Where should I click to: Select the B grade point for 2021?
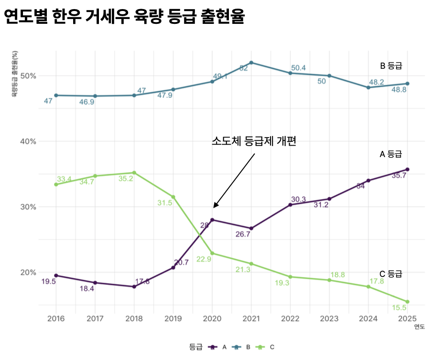pyautogui.click(x=251, y=63)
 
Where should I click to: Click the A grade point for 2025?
pyautogui.click(x=408, y=169)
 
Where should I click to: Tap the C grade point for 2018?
pyautogui.click(x=134, y=172)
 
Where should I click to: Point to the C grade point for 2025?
pyautogui.click(x=408, y=302)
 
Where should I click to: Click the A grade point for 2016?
pyautogui.click(x=56, y=275)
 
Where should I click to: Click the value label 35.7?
pyautogui.click(x=399, y=175)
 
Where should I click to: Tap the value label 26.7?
pyautogui.click(x=243, y=234)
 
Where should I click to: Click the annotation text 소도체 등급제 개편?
pyautogui.click(x=254, y=141)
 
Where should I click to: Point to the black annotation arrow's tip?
pyautogui.click(x=214, y=208)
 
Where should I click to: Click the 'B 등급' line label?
pyautogui.click(x=391, y=65)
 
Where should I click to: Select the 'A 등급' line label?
pyautogui.click(x=390, y=154)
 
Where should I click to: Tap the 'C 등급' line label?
pyautogui.click(x=390, y=274)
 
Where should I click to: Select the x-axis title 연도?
pyautogui.click(x=419, y=327)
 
